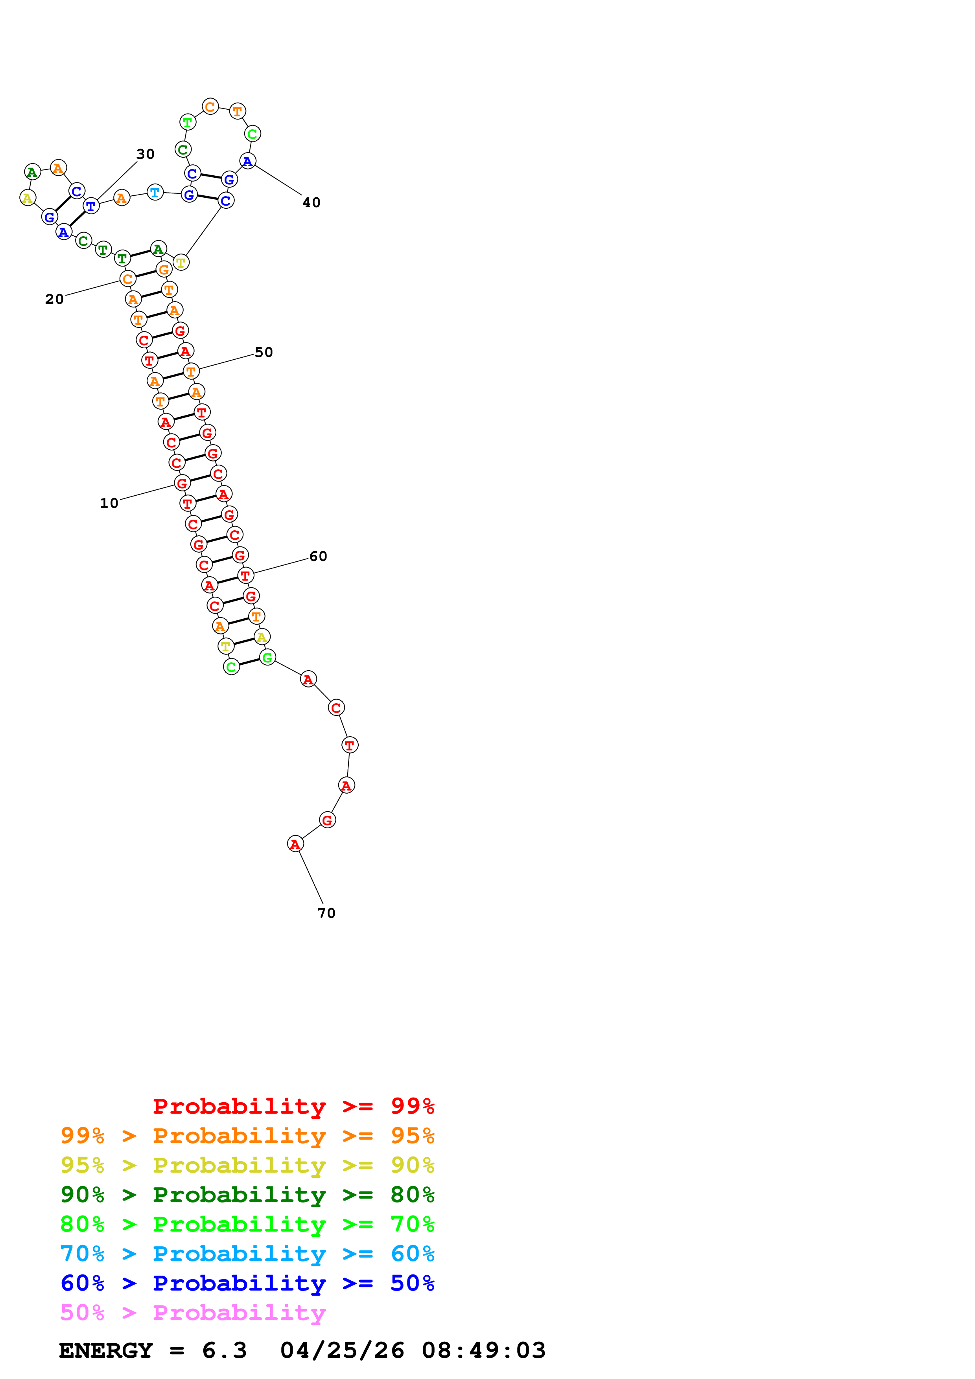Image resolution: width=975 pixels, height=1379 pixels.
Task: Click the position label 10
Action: click(x=109, y=503)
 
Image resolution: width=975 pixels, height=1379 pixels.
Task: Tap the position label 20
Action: click(x=54, y=299)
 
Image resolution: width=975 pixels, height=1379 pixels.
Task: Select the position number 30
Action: click(x=146, y=154)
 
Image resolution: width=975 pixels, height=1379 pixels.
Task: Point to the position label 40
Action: click(x=311, y=203)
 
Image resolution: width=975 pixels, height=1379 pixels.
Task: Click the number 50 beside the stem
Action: click(x=264, y=353)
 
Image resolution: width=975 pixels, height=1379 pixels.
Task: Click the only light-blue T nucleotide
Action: click(x=155, y=192)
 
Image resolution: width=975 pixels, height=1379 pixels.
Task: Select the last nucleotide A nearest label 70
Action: click(x=295, y=844)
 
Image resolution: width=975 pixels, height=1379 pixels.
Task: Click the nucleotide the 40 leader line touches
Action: click(x=247, y=161)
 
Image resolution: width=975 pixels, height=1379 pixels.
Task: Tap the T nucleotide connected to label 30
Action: click(x=91, y=206)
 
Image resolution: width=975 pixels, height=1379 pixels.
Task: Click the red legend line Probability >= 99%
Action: click(x=293, y=1106)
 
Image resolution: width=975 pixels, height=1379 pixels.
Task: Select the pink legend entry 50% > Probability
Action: click(x=193, y=1312)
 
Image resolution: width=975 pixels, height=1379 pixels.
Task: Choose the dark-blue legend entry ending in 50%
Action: click(x=247, y=1283)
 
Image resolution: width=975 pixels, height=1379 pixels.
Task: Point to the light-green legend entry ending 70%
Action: click(x=247, y=1224)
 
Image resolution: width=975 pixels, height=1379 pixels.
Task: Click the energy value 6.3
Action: click(x=224, y=1351)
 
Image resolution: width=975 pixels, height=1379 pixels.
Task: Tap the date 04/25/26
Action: click(x=342, y=1351)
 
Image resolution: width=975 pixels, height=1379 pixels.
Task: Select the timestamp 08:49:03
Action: click(x=484, y=1351)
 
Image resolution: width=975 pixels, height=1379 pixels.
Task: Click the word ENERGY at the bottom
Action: click(x=106, y=1351)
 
